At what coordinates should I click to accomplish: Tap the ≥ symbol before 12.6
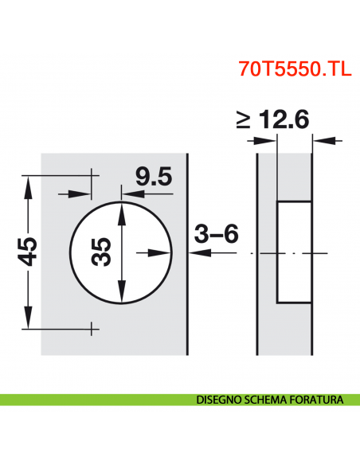coord(244,120)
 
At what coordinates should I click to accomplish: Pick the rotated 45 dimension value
coord(28,252)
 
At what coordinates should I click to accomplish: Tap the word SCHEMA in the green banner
coord(267,400)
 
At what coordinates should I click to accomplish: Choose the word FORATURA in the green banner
coord(318,400)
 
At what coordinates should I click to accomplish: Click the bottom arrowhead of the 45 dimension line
coord(29,321)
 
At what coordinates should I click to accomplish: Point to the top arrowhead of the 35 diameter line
coord(121,209)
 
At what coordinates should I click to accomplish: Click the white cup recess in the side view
coord(293,252)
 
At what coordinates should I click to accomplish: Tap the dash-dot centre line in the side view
coord(319,252)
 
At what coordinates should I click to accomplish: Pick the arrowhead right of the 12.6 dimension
coord(319,140)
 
